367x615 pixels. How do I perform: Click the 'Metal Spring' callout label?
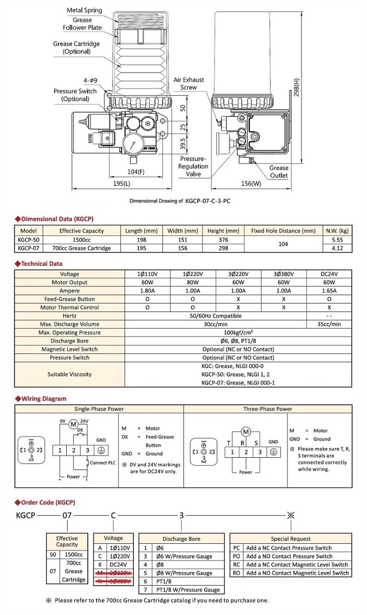coord(84,10)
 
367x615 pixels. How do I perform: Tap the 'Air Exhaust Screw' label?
coord(189,83)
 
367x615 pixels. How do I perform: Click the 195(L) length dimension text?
coord(121,183)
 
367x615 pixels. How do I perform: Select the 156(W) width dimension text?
coord(251,183)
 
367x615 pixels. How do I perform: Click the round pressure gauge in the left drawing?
coord(132,145)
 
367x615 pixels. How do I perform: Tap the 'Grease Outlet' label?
coord(279,171)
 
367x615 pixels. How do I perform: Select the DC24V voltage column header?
coord(329,274)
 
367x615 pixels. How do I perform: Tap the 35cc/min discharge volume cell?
coord(329,324)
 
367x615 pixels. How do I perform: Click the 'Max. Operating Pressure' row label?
coord(70,332)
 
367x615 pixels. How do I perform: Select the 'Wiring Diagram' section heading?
coord(43,399)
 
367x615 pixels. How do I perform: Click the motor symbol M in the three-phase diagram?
coord(246,432)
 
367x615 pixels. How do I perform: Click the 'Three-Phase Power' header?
coord(268,409)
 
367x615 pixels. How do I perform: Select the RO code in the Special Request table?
coord(236,573)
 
